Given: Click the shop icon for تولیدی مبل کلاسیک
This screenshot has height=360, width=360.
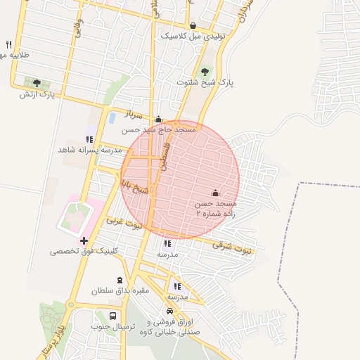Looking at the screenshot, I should [193, 25].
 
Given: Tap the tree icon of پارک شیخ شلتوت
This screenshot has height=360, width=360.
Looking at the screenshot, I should [205, 71].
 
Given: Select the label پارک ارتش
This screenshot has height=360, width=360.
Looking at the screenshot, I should [37, 94].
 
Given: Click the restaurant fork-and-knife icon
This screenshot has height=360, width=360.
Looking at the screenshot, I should [8, 44].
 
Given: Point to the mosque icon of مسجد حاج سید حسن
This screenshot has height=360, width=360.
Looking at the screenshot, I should [158, 120].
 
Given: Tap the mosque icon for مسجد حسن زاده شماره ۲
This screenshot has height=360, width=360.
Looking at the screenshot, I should [215, 193].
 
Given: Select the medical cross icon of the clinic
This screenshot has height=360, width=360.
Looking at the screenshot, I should [84, 240].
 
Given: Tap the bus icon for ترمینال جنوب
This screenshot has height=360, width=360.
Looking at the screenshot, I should [113, 316].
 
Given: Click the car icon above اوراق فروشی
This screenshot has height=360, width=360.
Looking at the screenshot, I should [169, 311].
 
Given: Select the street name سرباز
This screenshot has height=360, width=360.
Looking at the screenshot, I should [134, 113].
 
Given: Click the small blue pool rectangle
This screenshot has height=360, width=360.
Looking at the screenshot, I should [111, 117].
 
